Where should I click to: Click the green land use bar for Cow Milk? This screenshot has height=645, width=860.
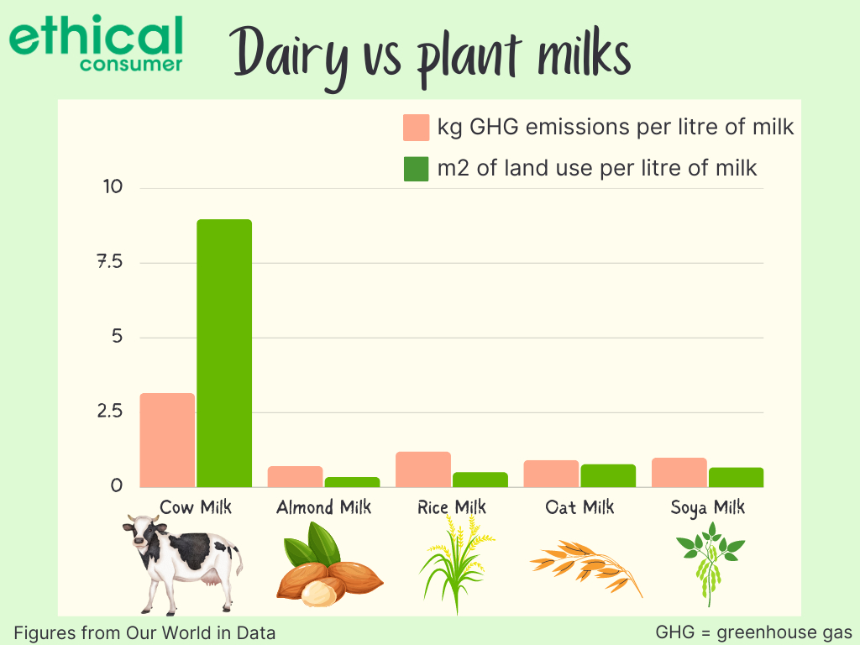[224, 354]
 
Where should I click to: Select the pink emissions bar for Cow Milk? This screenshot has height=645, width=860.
[167, 440]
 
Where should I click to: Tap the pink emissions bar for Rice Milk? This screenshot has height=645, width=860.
[423, 469]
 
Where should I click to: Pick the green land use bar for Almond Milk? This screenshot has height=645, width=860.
[352, 482]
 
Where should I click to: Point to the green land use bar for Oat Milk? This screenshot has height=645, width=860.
[608, 475]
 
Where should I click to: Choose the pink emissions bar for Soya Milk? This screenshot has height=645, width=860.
[679, 472]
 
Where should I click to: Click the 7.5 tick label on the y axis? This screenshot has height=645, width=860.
[110, 262]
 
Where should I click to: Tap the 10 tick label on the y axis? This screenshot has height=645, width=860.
[113, 187]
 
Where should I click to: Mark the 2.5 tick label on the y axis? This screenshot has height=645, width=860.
[110, 411]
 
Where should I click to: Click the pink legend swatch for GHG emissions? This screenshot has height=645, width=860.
[417, 128]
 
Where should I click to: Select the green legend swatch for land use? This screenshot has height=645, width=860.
[417, 168]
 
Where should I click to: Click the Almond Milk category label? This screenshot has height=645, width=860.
[323, 507]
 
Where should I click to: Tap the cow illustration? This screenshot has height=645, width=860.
[182, 564]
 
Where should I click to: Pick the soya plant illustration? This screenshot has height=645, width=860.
[711, 564]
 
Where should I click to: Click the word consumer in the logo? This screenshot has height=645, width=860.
[130, 64]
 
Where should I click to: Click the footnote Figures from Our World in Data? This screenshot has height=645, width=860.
[144, 633]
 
